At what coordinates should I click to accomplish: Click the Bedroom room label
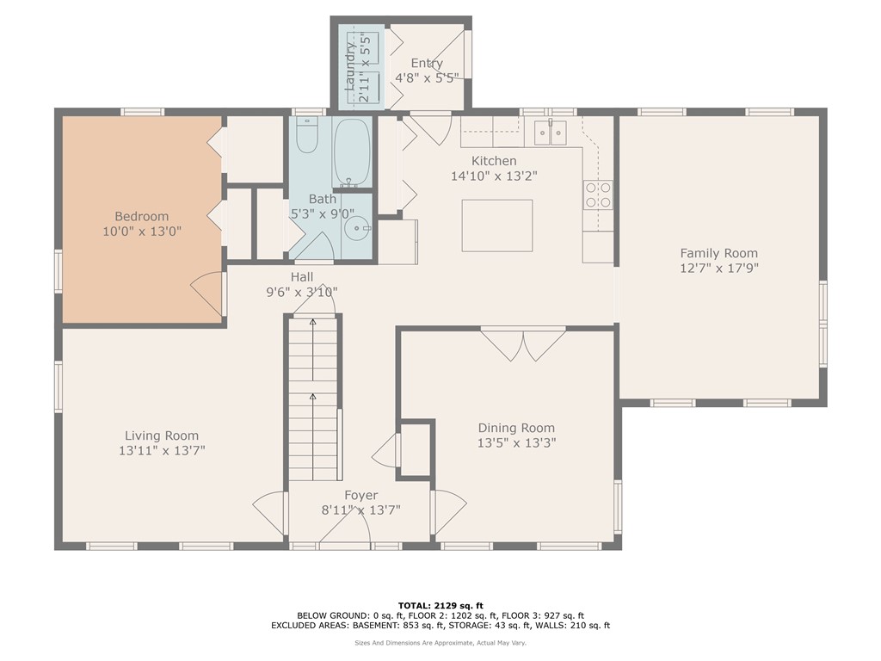click(142, 216)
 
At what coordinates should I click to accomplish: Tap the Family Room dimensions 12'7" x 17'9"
click(719, 269)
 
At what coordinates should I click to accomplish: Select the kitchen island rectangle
click(497, 225)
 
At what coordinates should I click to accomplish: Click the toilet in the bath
click(307, 135)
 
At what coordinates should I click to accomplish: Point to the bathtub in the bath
click(352, 152)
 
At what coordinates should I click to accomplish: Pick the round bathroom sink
click(357, 228)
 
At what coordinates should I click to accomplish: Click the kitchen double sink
click(550, 132)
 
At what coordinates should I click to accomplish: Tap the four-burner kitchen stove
click(598, 195)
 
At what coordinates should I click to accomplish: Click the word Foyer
click(360, 495)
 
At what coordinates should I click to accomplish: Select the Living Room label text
click(162, 436)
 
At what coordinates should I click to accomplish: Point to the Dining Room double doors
click(523, 344)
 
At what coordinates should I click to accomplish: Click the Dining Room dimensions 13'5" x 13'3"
click(516, 443)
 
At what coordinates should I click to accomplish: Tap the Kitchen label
click(494, 161)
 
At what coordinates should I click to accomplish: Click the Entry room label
click(427, 63)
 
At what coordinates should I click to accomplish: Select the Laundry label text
click(350, 66)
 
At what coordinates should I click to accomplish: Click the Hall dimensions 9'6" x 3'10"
click(302, 293)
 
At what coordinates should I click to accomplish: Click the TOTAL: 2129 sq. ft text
click(440, 605)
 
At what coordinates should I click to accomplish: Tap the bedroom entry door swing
click(207, 294)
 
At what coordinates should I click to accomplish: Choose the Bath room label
click(323, 199)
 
